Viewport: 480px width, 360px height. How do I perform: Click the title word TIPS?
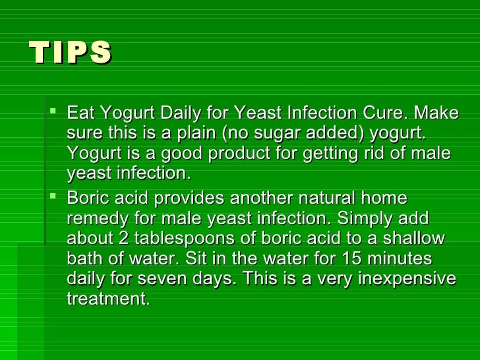[x=71, y=53]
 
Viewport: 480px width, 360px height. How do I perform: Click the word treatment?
[x=108, y=299]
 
